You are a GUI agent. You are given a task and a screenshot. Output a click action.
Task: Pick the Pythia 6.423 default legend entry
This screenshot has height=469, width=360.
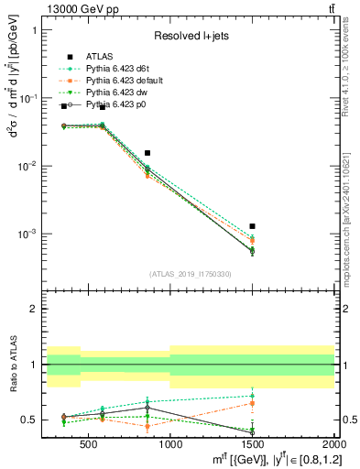tap(124, 80)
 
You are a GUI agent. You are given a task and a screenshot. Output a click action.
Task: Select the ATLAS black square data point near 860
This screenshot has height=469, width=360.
tap(147, 153)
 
